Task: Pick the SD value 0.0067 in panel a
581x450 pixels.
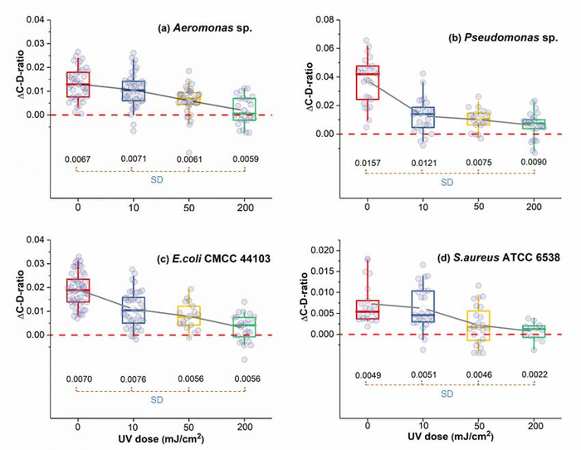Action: pos(78,159)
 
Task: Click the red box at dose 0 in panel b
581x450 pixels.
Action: pos(368,82)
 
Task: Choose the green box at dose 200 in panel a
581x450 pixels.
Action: pos(244,109)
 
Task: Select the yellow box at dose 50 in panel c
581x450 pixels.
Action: pos(188,315)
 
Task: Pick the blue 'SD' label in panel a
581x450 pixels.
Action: pos(159,182)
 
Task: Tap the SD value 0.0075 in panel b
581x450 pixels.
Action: pos(479,163)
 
